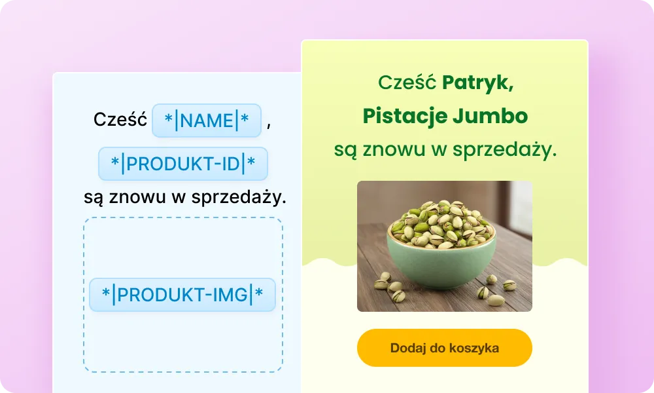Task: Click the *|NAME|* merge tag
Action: coord(207,121)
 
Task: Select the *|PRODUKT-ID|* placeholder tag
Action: coord(183,164)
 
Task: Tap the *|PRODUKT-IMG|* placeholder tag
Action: coord(182,295)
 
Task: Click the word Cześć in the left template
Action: coord(120,121)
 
